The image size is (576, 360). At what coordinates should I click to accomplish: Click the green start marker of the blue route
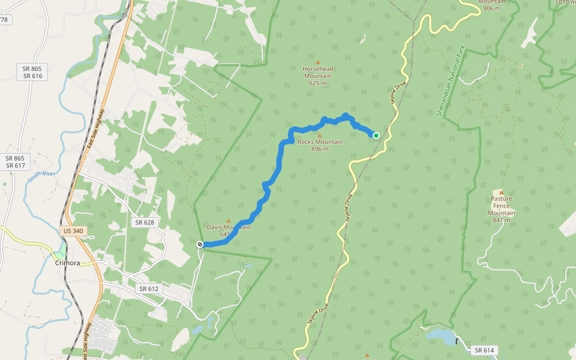coord(376,136)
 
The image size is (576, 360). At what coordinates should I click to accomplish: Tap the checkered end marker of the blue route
coord(200,244)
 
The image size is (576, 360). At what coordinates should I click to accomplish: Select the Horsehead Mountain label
coord(318,76)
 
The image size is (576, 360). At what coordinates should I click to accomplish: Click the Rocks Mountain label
coord(320,145)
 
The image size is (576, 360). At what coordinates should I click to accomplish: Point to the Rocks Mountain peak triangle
coord(320,136)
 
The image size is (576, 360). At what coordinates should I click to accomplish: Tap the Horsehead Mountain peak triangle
coord(318,62)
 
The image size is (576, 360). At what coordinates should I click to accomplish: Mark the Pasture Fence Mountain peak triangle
coord(502,193)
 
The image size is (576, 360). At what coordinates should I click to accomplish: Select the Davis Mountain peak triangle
coord(228,221)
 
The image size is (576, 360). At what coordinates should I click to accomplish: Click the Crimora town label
coord(68,263)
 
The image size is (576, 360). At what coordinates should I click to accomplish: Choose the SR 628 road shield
coord(145,222)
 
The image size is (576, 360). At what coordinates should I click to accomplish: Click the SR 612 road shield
coord(149,289)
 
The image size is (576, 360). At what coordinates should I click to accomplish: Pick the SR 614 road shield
coord(484,350)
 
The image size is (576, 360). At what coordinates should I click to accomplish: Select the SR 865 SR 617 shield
coord(15,162)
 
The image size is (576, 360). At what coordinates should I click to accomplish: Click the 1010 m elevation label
coord(565,2)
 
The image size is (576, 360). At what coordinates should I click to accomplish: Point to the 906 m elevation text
coord(491,8)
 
